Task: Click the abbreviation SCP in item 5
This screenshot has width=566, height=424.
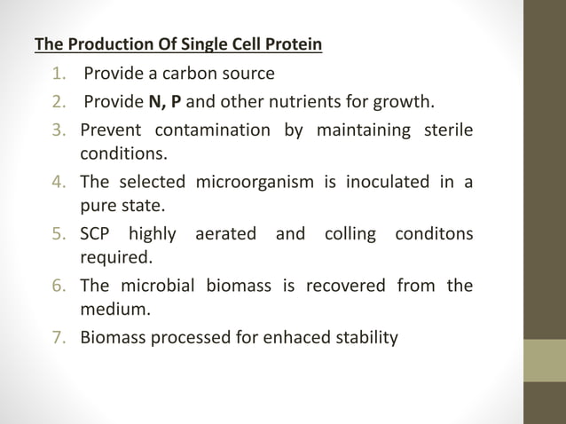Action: click(96, 235)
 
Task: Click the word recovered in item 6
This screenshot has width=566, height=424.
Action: click(347, 286)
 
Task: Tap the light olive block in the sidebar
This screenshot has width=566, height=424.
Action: click(545, 360)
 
